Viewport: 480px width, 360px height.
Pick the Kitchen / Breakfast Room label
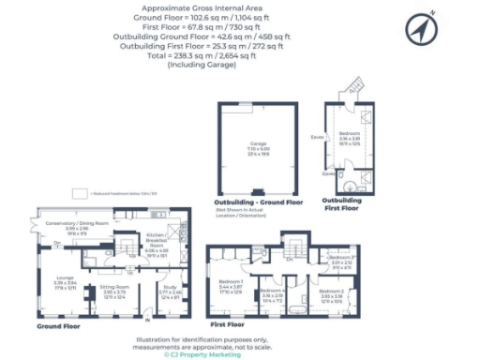(157, 246)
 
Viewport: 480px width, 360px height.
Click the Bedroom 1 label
(232, 284)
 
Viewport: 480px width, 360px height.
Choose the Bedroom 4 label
(273, 294)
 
